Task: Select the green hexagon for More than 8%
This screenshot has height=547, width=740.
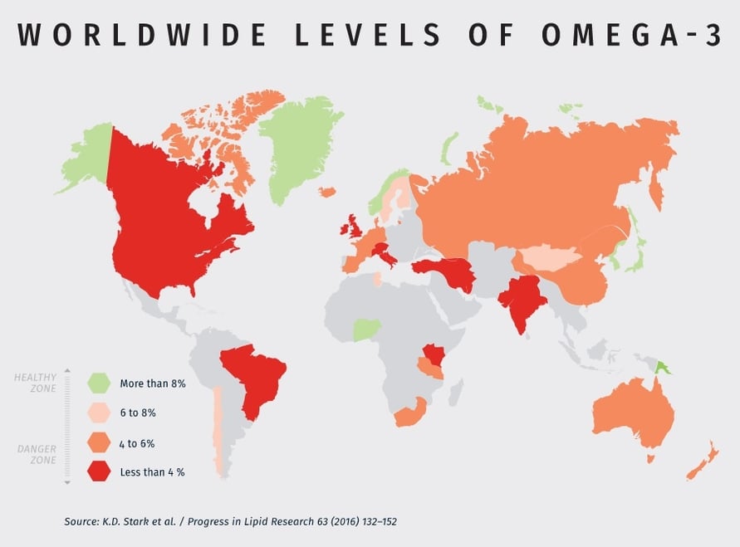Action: (x=99, y=383)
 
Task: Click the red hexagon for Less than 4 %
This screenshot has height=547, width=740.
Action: (x=99, y=471)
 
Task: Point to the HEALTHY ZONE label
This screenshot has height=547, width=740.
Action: (x=36, y=383)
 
